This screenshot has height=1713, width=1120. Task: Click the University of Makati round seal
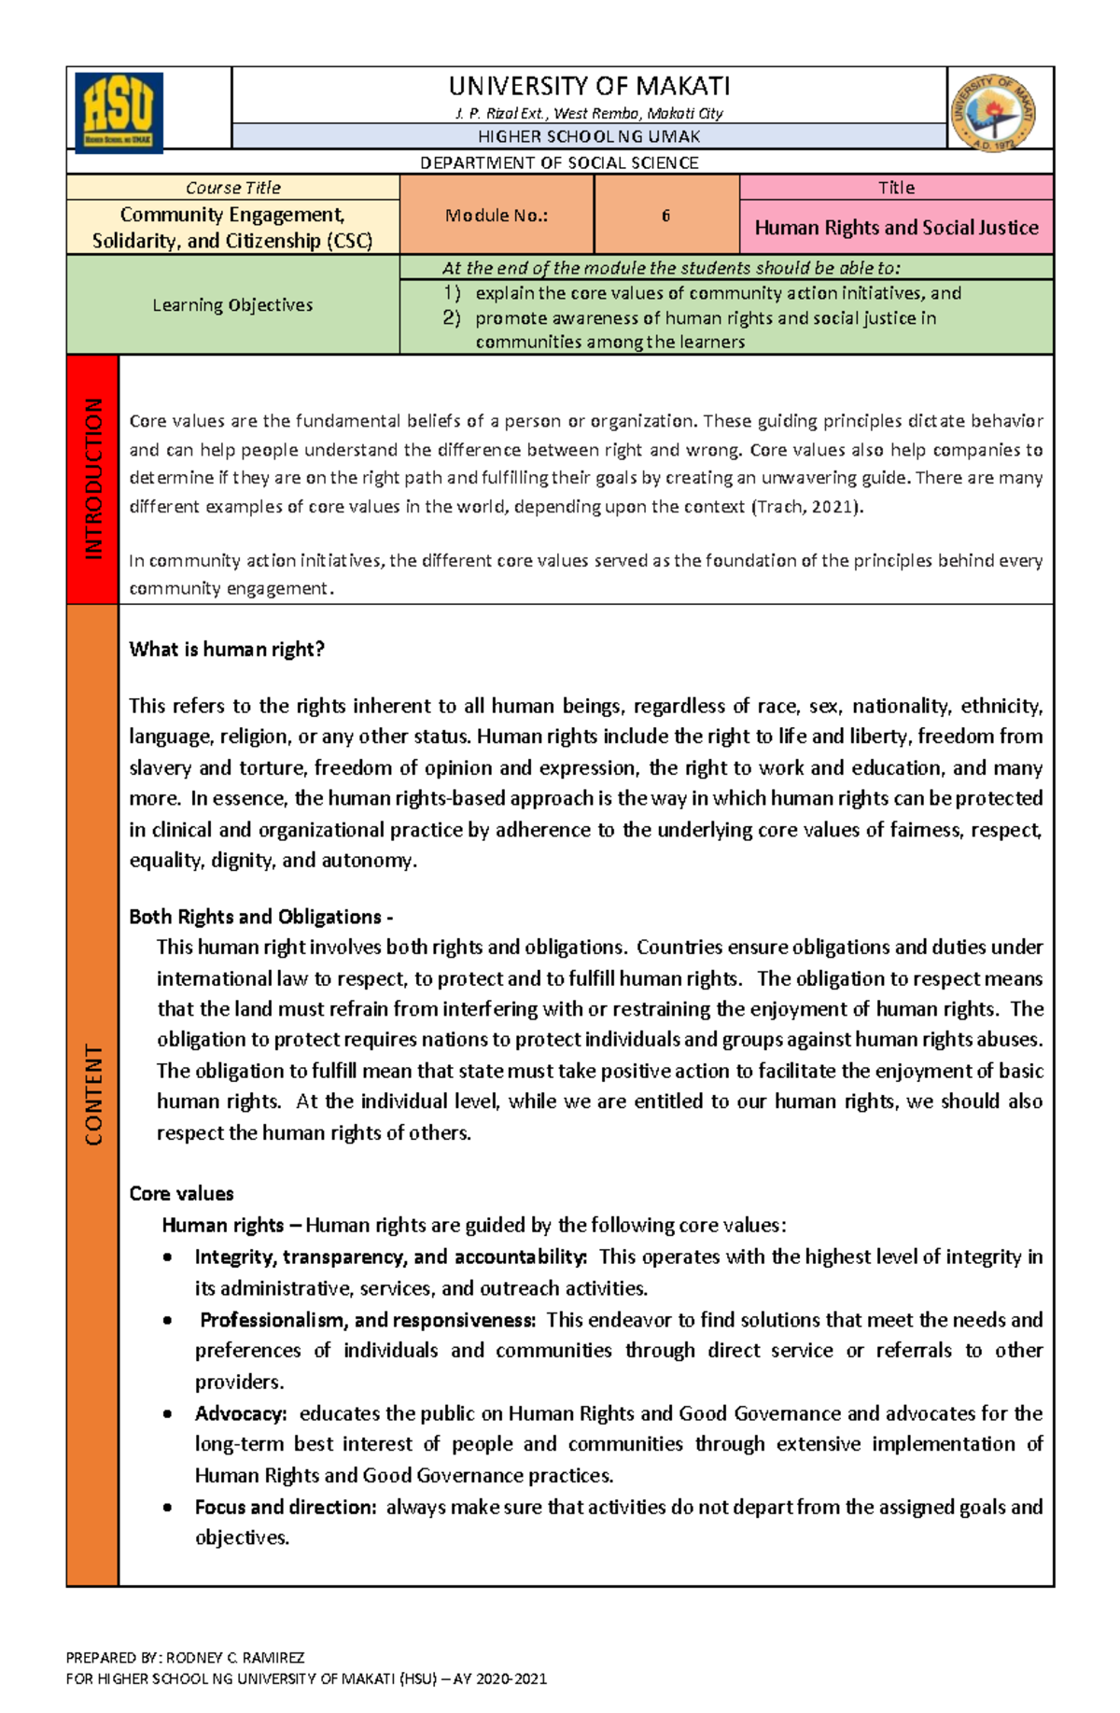coord(994,112)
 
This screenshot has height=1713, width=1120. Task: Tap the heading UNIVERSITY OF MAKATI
coord(589,87)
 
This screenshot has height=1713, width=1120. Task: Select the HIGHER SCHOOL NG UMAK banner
coord(589,136)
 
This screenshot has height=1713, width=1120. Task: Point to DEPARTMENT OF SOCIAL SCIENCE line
coord(559,162)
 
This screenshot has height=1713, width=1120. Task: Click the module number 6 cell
coord(665,216)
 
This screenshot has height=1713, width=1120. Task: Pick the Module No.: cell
coord(497,216)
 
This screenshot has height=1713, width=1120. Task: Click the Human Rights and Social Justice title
coord(896,228)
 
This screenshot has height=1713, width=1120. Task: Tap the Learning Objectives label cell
coord(232,305)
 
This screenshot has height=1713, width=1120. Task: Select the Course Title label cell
coord(232,188)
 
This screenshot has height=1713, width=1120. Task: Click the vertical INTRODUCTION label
coord(93,478)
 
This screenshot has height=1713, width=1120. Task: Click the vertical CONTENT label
coord(93,1094)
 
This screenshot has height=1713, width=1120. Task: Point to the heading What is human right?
coord(227,650)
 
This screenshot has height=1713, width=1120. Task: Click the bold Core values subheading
coord(181,1194)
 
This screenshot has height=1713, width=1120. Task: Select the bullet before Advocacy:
coord(168,1414)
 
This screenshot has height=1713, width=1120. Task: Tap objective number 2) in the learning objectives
coord(452,318)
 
